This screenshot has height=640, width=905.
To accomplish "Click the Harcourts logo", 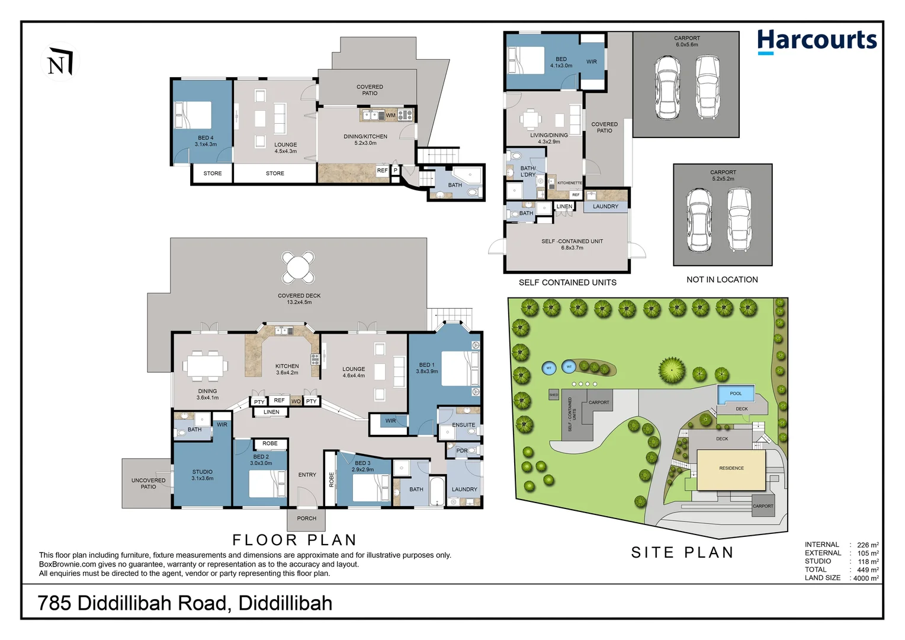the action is click(817, 41).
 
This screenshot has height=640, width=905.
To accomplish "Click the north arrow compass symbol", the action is click(60, 62).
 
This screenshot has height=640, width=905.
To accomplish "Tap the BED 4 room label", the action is click(206, 137).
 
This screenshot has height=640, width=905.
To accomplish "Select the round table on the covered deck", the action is click(298, 267).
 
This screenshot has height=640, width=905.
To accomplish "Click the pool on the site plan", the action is click(736, 393).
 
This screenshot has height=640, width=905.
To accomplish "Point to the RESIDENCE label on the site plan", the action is click(731, 468).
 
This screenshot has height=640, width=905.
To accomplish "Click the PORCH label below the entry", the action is click(307, 519).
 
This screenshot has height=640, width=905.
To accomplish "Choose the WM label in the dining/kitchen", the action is click(390, 115).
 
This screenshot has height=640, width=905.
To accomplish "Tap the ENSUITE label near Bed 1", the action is click(464, 425).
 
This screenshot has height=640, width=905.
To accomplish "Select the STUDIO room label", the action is click(203, 472).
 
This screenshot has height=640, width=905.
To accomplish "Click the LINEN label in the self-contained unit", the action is click(564, 207).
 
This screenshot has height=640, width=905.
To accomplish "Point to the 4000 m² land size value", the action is click(866, 578).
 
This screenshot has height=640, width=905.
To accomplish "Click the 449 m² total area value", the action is click(868, 570).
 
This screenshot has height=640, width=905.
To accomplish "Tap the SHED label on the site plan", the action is click(554, 395).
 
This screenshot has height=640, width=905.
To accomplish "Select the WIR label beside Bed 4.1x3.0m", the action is click(592, 62).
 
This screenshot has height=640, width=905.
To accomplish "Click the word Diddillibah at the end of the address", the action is click(285, 603).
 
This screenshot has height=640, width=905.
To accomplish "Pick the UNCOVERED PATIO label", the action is click(149, 484).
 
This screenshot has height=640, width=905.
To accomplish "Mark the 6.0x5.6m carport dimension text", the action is click(687, 45).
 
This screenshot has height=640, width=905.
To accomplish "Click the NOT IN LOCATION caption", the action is click(722, 280).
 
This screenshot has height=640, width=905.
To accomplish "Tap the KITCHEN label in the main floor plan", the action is click(287, 366).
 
